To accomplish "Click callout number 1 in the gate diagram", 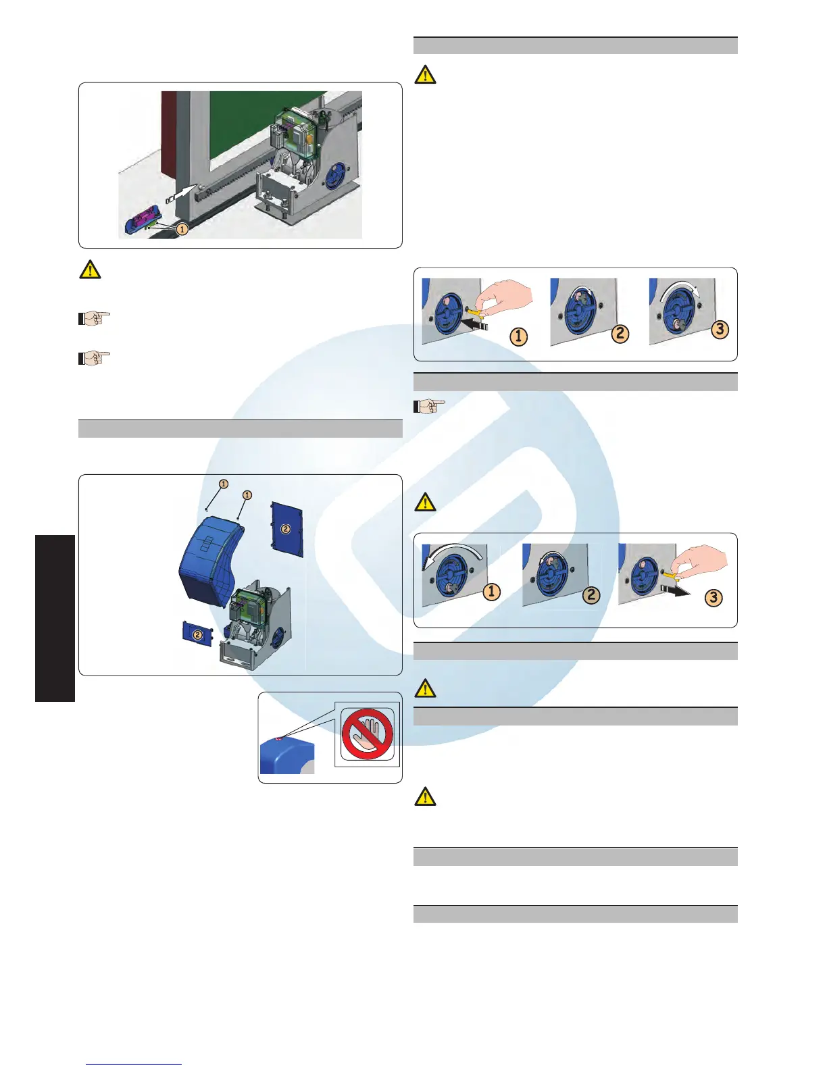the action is pos(182,230).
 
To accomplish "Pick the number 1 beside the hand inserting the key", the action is pos(518,336).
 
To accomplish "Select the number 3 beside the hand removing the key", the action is pos(713,597).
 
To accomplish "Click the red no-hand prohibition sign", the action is pos(367,734).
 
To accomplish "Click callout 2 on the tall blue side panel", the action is pos(286,529).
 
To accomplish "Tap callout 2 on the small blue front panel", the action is pos(197,634).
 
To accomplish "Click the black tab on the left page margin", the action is pos(55,618).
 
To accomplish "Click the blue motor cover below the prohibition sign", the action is pos(286,756).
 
